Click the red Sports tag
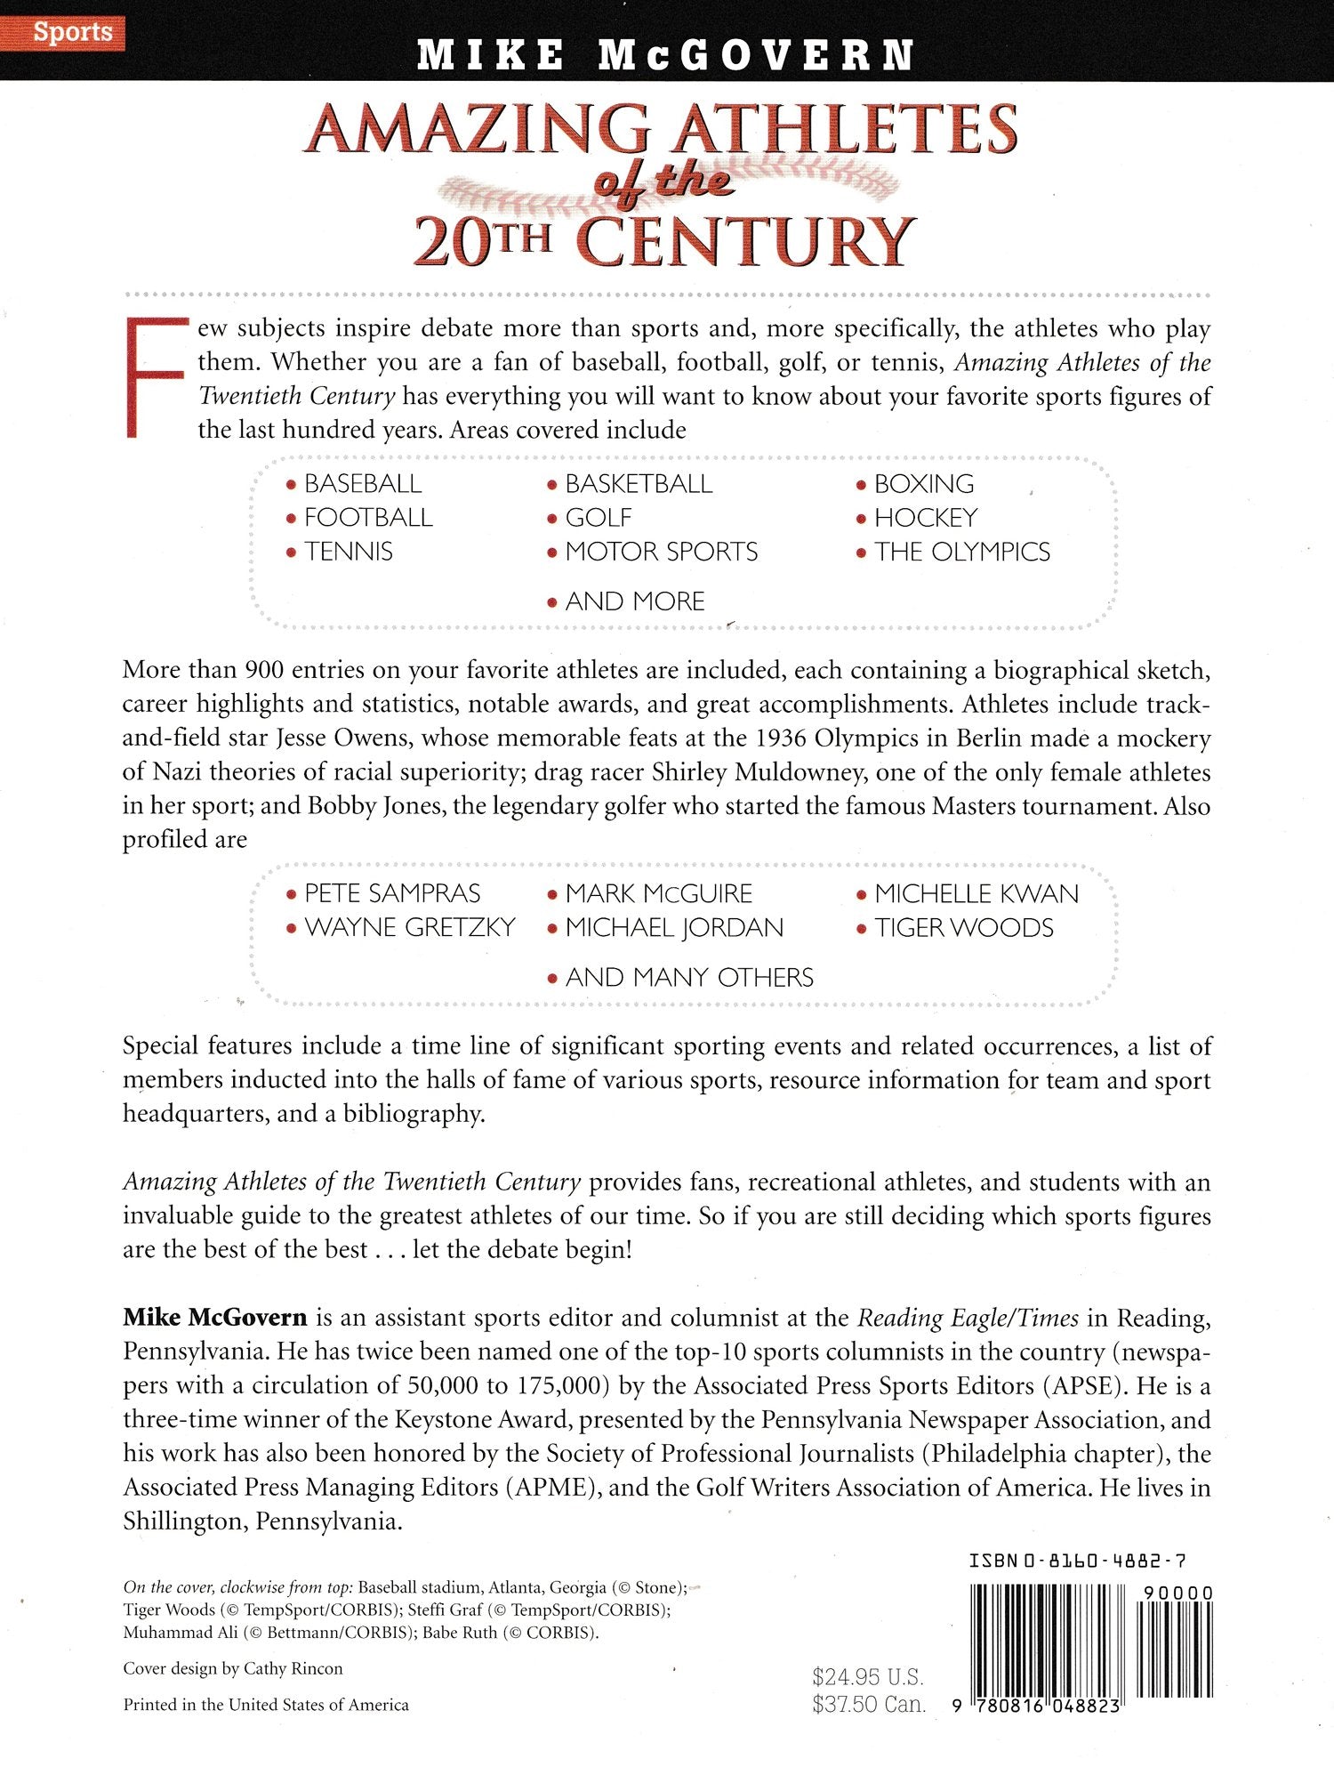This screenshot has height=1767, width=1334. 73,32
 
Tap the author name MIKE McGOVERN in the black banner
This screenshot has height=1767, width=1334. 666,55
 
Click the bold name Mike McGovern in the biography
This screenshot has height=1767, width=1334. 215,1318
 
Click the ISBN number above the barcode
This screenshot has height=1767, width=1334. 1077,1561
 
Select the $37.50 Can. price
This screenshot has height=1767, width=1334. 868,1705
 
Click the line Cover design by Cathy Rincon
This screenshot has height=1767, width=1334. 233,1668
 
